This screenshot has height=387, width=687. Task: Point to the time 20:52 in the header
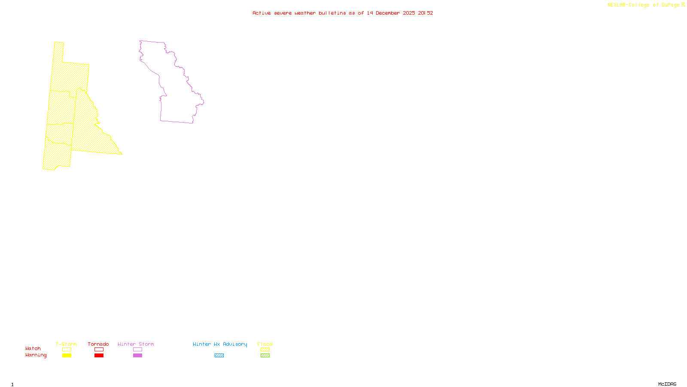[x=426, y=13]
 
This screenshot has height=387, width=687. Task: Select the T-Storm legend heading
[x=66, y=344]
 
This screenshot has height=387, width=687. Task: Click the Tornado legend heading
[x=98, y=344]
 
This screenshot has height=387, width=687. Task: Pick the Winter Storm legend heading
[x=136, y=344]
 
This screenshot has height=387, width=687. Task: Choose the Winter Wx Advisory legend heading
[x=220, y=344]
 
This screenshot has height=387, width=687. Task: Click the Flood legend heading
[x=265, y=344]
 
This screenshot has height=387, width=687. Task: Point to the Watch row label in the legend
[x=33, y=348]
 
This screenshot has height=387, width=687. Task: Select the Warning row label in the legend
[x=36, y=355]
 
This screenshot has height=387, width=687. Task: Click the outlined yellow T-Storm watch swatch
[x=67, y=350]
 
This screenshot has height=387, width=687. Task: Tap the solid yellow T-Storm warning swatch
[x=67, y=356]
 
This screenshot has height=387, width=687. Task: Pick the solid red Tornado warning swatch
[x=99, y=356]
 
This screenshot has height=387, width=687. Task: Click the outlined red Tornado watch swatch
[x=99, y=350]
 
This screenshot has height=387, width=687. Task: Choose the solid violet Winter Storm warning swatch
[x=137, y=356]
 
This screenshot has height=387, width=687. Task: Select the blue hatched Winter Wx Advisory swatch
[x=219, y=356]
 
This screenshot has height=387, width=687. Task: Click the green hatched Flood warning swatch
[x=265, y=356]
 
